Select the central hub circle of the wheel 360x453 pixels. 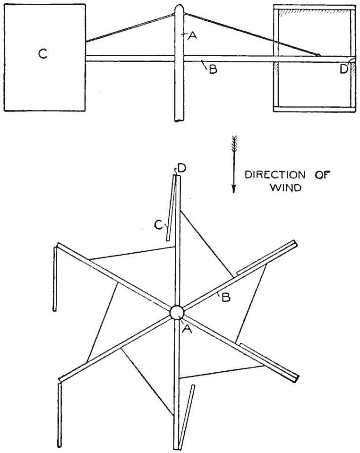click(177, 312)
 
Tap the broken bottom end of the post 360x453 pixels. click(180, 120)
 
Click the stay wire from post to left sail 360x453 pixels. click(129, 29)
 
